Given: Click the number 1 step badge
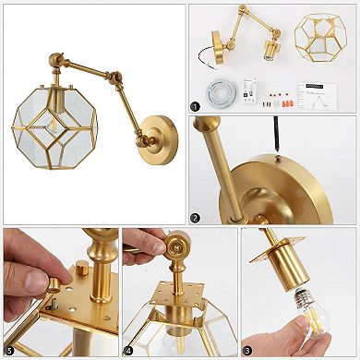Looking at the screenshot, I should pos(196,106).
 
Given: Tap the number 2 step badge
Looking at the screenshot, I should pos(196,218).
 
